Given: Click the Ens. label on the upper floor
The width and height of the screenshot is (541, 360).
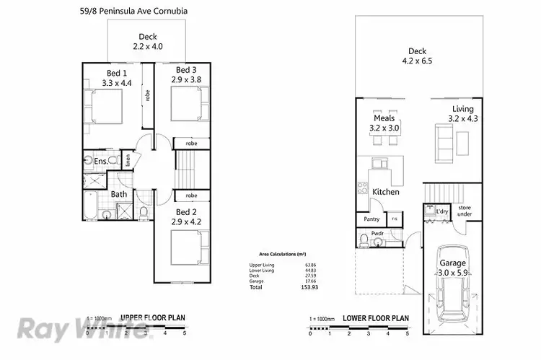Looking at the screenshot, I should [x=102, y=161].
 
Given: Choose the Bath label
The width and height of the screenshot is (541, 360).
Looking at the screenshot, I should [x=119, y=193].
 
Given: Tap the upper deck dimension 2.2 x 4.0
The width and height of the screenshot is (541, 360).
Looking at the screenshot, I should [x=148, y=46].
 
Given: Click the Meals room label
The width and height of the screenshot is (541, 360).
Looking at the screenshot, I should [x=384, y=118].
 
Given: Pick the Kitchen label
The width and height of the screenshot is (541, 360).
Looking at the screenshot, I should [x=386, y=191].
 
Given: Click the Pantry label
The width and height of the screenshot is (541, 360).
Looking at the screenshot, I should [x=372, y=219].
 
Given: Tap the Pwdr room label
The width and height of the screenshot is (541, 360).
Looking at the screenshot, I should [x=376, y=234].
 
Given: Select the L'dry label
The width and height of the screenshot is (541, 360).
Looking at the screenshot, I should [x=442, y=211].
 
